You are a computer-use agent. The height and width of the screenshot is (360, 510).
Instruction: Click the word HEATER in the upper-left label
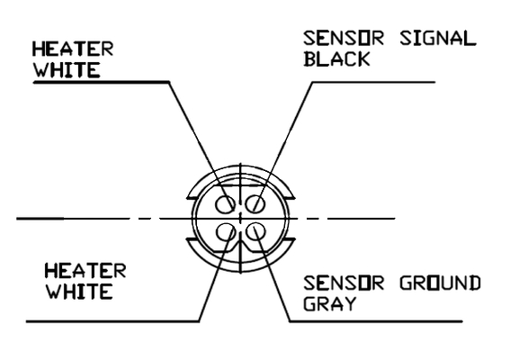click(x=73, y=49)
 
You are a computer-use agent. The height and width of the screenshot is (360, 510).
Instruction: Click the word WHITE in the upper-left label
click(x=67, y=69)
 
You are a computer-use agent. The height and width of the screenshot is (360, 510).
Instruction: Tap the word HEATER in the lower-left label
click(x=85, y=271)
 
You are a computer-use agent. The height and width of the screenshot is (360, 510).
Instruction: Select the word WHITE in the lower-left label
click(x=80, y=292)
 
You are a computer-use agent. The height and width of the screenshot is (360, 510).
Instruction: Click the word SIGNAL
click(x=438, y=38)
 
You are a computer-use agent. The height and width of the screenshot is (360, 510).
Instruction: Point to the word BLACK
click(x=337, y=58)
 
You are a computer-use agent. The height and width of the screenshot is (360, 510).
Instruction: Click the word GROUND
click(x=440, y=283)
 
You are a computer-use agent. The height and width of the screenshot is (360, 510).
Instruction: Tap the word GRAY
click(x=330, y=303)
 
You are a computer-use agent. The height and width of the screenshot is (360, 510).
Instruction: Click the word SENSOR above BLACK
click(x=344, y=38)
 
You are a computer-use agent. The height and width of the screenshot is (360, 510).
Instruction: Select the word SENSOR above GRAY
click(x=344, y=283)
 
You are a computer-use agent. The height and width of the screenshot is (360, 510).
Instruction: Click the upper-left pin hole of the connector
click(x=225, y=204)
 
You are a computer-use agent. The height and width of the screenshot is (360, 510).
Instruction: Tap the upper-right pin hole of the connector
click(x=255, y=204)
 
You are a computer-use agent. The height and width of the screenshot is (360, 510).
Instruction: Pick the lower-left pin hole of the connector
click(x=226, y=232)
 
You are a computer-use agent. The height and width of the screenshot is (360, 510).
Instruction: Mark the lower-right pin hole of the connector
click(x=255, y=231)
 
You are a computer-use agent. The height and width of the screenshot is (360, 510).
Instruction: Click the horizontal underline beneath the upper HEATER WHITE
click(x=101, y=82)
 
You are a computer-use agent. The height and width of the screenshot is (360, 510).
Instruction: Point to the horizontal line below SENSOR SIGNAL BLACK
click(x=373, y=82)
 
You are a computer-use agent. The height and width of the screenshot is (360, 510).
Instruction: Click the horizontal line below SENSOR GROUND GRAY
click(x=376, y=321)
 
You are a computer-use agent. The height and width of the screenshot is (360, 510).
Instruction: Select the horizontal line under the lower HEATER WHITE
click(x=112, y=321)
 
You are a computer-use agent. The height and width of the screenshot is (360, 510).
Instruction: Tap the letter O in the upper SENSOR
click(x=363, y=38)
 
